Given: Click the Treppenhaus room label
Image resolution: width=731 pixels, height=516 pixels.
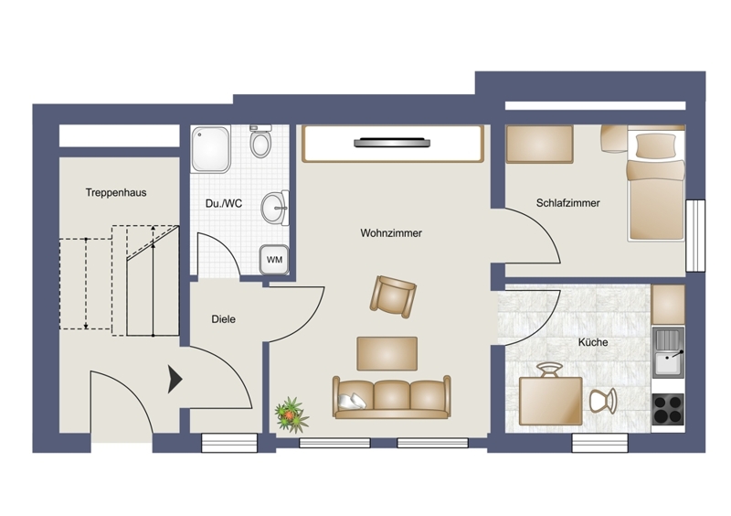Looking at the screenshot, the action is (x=116, y=192).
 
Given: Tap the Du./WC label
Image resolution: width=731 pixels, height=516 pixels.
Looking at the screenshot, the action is (x=224, y=204).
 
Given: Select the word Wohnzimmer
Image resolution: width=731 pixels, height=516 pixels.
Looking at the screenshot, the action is (x=391, y=233).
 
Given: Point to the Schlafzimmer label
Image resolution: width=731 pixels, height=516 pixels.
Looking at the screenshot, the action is (x=567, y=203).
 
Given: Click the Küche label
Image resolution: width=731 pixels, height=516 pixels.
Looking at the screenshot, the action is (x=593, y=342).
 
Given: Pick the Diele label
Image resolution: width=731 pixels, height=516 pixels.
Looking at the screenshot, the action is (x=223, y=319).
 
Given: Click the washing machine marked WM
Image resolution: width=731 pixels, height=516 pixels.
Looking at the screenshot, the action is (x=274, y=259).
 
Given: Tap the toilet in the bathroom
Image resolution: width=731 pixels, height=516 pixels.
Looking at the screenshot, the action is (x=260, y=141).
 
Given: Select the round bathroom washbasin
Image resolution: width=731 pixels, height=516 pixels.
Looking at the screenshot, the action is (x=275, y=208).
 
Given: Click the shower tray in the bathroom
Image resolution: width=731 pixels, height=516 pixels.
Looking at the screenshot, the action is (x=210, y=148).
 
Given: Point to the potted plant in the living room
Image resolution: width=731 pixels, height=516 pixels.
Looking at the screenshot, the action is (x=291, y=414).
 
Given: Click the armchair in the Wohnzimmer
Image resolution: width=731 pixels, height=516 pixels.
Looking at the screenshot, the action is (x=393, y=296).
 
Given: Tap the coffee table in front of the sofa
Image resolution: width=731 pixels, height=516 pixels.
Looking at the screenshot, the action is (x=387, y=353).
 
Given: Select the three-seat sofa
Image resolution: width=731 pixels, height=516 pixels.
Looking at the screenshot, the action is (x=392, y=397).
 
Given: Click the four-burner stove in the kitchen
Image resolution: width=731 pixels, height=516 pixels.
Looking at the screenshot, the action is (x=668, y=409).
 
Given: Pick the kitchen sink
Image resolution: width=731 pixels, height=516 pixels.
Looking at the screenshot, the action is (x=668, y=352).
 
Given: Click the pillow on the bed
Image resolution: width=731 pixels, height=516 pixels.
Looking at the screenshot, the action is (x=656, y=145).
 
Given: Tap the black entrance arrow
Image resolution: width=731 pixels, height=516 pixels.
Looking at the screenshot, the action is (x=175, y=379).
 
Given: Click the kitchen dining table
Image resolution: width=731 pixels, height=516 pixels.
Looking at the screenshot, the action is (x=551, y=401).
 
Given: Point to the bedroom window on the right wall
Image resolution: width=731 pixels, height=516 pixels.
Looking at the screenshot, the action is (x=695, y=235).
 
